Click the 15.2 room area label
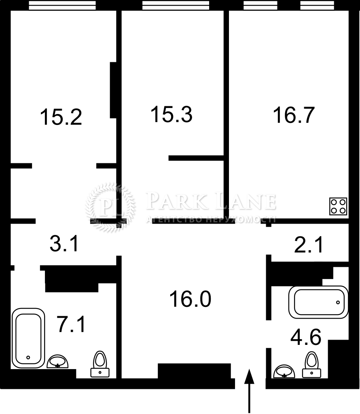[61, 117]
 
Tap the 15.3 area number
[172, 114]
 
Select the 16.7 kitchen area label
[294, 115]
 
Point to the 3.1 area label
[64, 243]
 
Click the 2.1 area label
[309, 245]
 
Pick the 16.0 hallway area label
[190, 299]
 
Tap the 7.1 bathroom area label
[71, 324]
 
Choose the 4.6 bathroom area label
[306, 337]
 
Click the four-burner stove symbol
[338, 206]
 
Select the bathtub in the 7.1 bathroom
[28, 338]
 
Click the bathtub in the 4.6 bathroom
[318, 302]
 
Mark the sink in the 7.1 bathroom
[57, 361]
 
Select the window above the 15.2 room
[62, 5]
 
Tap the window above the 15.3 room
[176, 5]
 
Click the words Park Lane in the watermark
[211, 201]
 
